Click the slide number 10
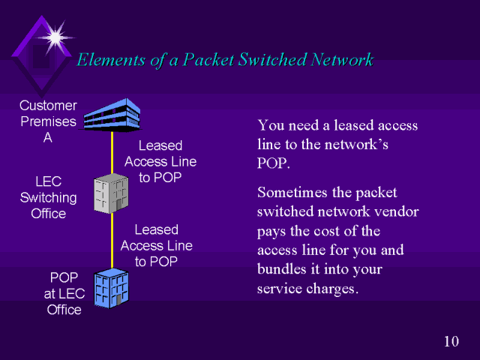tap(451, 342)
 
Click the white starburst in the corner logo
tap(55, 35)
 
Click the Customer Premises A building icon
tap(111, 115)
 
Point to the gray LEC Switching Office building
tap(110, 193)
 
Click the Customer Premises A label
tap(48, 121)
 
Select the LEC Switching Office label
tap(48, 198)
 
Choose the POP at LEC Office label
tap(64, 293)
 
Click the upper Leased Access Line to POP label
tap(160, 161)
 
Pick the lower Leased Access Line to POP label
tap(156, 245)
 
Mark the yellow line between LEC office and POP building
tap(112, 240)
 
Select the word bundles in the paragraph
tap(283, 270)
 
